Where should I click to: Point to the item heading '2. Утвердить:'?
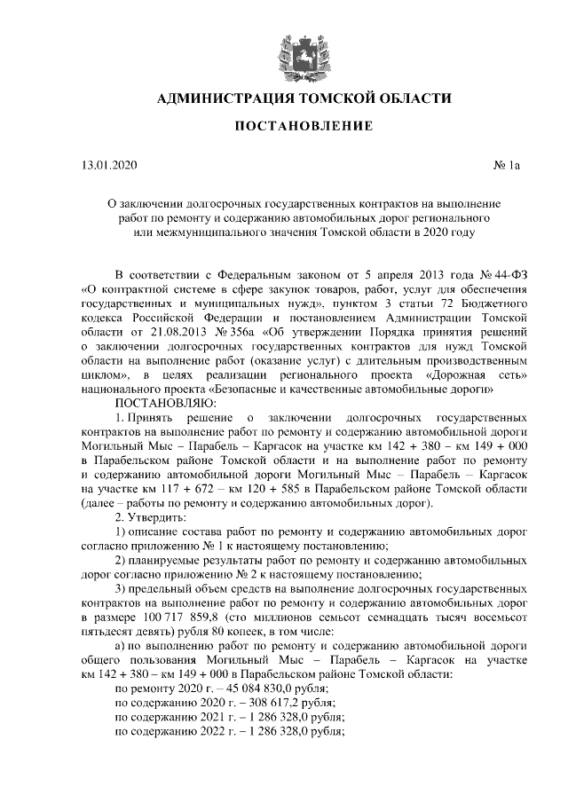click(148, 517)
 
